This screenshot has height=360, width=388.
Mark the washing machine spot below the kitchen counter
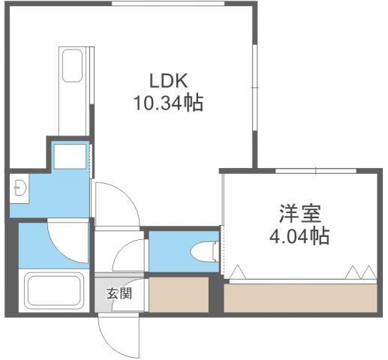[71, 155]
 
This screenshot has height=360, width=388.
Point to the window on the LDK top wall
[168, 4]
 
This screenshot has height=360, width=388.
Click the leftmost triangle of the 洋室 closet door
[238, 273]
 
